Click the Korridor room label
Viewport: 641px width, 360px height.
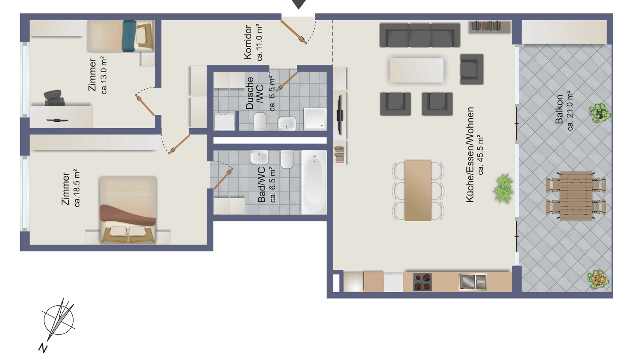click(x=248, y=42)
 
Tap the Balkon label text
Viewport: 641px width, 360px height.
click(x=559, y=109)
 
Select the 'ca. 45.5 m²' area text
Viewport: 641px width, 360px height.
click(x=480, y=155)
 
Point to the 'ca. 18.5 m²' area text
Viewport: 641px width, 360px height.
click(x=76, y=188)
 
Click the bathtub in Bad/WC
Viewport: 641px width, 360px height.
click(x=314, y=182)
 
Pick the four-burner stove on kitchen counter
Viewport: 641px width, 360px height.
click(x=422, y=282)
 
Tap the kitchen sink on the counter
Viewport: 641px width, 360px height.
click(x=472, y=282)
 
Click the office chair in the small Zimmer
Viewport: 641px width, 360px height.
click(x=54, y=98)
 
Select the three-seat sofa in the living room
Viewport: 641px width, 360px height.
click(x=420, y=35)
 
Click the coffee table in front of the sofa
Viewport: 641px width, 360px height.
click(x=416, y=70)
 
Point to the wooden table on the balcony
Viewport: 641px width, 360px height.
click(x=576, y=196)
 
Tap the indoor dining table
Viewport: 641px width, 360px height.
click(x=418, y=191)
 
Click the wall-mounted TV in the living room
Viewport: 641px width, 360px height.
click(x=340, y=115)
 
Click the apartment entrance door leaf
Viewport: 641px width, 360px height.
click(x=294, y=32)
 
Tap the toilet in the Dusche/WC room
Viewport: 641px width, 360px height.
click(x=260, y=121)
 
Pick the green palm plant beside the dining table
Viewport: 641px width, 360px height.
click(x=503, y=189)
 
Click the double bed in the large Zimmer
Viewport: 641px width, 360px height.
click(x=128, y=210)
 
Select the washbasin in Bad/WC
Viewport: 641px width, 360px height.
click(x=259, y=158)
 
